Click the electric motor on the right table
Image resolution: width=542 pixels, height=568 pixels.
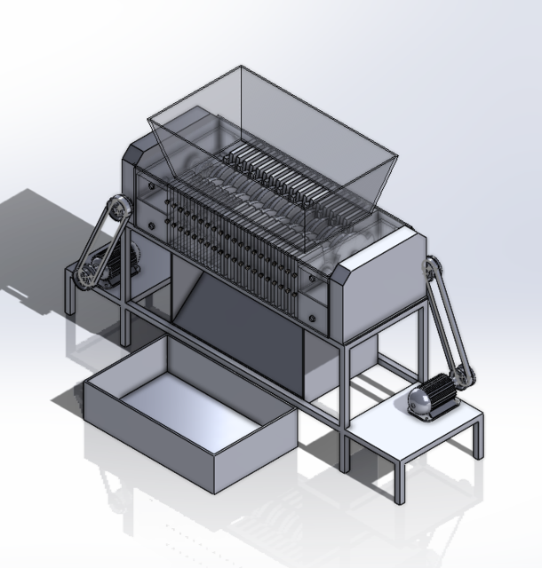point(432,396)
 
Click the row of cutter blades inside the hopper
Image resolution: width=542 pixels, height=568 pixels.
point(267,173)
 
